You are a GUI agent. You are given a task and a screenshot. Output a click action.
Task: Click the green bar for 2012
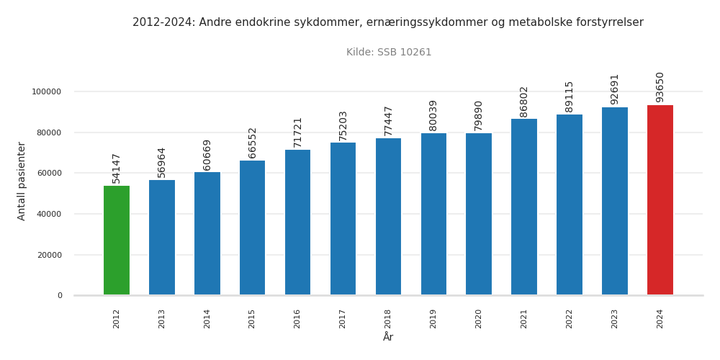pyautogui.click(x=117, y=240)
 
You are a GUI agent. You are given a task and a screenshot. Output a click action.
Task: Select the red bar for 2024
pyautogui.click(x=660, y=200)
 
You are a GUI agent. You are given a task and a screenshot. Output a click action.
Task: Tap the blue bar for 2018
pyautogui.click(x=388, y=217)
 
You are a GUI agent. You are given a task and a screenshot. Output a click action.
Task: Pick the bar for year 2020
pyautogui.click(x=479, y=214)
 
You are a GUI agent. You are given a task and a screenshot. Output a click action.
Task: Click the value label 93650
pyautogui.click(x=660, y=86)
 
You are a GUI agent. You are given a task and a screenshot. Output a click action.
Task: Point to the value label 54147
pyautogui.click(x=117, y=168)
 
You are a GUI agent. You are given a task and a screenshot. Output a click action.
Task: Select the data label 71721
pyautogui.click(x=297, y=132)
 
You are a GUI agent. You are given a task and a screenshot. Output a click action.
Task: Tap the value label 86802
pyautogui.click(x=524, y=102)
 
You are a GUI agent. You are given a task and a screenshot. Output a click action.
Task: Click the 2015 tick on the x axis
pyautogui.click(x=252, y=319)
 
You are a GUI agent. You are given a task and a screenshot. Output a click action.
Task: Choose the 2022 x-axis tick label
pyautogui.click(x=570, y=319)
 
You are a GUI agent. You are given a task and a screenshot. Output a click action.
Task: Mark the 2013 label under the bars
pyautogui.click(x=162, y=319)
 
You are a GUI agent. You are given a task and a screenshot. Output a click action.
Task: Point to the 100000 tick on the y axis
pyautogui.click(x=46, y=91)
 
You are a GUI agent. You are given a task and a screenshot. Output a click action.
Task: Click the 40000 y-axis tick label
pyautogui.click(x=48, y=214)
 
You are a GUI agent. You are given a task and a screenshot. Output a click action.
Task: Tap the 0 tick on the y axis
pyautogui.click(x=60, y=295)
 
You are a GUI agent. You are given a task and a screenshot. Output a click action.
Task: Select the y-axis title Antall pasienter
pyautogui.click(x=22, y=181)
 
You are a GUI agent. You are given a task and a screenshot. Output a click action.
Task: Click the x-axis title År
pyautogui.click(x=388, y=338)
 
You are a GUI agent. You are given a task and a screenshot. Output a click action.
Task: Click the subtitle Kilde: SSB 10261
pyautogui.click(x=389, y=53)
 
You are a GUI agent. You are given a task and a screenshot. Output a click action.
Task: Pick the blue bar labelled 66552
pyautogui.click(x=252, y=228)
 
